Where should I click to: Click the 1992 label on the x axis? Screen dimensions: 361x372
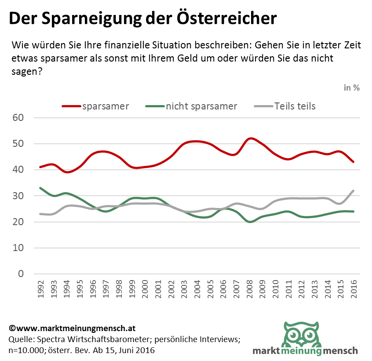pyautogui.click(x=40, y=288)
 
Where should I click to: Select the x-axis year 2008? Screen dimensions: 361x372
pyautogui.click(x=250, y=288)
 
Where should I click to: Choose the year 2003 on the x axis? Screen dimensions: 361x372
pyautogui.click(x=185, y=288)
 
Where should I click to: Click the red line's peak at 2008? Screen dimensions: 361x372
pyautogui.click(x=250, y=139)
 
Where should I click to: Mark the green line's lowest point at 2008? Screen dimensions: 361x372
pyautogui.click(x=250, y=222)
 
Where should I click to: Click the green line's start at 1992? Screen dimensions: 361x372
pyautogui.click(x=40, y=188)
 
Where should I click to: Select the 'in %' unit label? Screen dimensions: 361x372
pyautogui.click(x=352, y=88)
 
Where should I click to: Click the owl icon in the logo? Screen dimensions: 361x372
pyautogui.click(x=302, y=335)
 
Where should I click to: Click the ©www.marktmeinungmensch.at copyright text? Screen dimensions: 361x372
pyautogui.click(x=72, y=328)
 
